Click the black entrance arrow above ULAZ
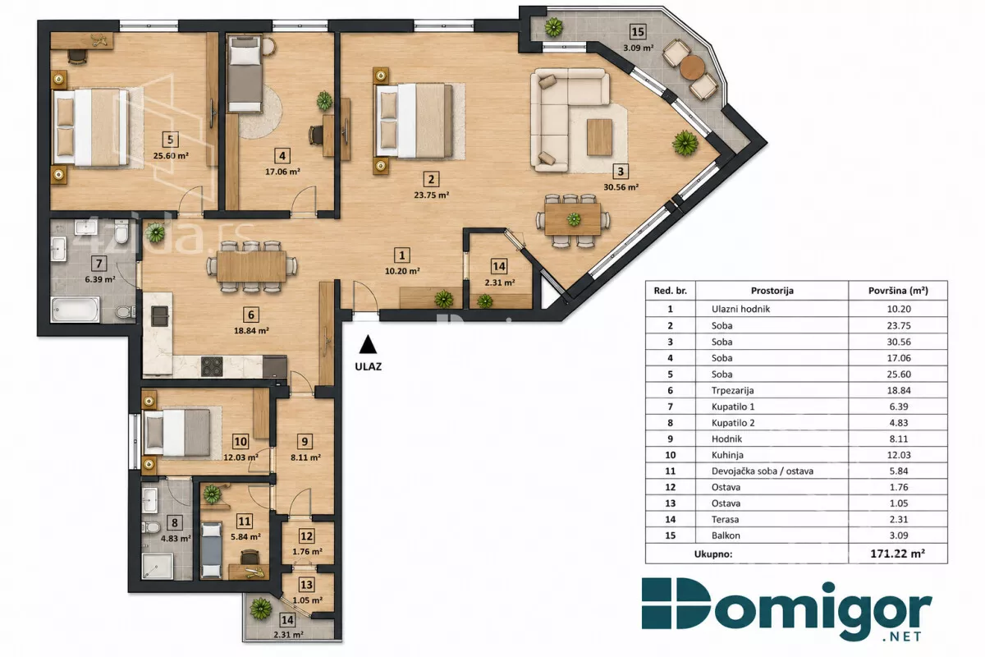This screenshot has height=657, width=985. tap(368, 345)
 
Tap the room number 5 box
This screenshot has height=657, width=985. tap(170, 140)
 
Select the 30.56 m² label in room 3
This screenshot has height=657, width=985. tap(621, 187)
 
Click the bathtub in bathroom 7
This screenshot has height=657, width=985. tap(76, 309)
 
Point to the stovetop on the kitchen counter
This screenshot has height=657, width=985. tap(212, 366)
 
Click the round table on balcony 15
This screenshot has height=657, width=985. tap(692, 67)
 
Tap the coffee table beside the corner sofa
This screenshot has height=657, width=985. tap(599, 137)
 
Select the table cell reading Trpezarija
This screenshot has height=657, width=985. tap(732, 390)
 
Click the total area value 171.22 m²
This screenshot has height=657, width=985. tap(897, 554)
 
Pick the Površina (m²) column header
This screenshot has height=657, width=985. tap(898, 291)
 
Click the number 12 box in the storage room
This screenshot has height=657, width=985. tap(306, 536)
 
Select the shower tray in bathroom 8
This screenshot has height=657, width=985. tap(158, 566)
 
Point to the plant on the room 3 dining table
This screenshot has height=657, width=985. tap(574, 218)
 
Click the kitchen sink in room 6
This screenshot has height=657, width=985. tap(159, 316)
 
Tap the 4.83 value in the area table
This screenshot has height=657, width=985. tap(898, 423)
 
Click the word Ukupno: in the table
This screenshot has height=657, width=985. tap(712, 554)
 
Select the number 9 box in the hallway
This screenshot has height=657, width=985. tap(305, 441)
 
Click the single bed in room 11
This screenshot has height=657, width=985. tap(211, 550)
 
